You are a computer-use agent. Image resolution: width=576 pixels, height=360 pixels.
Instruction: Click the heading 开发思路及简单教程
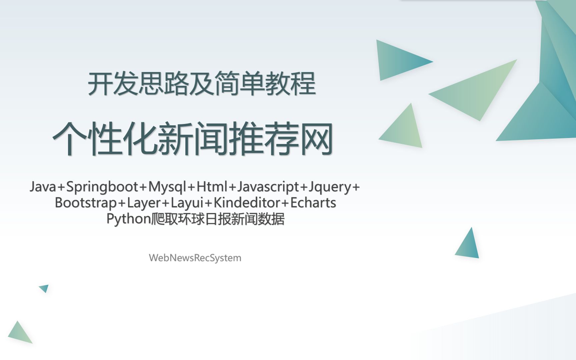point(202,83)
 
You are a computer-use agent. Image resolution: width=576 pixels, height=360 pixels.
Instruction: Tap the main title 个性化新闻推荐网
point(193,138)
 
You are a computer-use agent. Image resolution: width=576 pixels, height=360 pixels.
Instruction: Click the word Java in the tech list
point(43,187)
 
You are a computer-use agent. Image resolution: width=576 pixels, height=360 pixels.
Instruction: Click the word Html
point(212,186)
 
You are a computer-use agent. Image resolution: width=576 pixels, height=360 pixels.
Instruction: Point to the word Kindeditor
point(247,202)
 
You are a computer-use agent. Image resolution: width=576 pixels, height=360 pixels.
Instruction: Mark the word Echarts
point(313,202)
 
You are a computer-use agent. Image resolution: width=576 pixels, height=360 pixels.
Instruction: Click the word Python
point(129,219)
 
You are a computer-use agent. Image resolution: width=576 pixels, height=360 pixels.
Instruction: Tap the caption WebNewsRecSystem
point(195,258)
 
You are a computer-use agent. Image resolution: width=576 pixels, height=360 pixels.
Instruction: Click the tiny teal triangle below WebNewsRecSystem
point(45,288)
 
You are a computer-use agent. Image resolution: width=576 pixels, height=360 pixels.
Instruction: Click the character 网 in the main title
point(316,139)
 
